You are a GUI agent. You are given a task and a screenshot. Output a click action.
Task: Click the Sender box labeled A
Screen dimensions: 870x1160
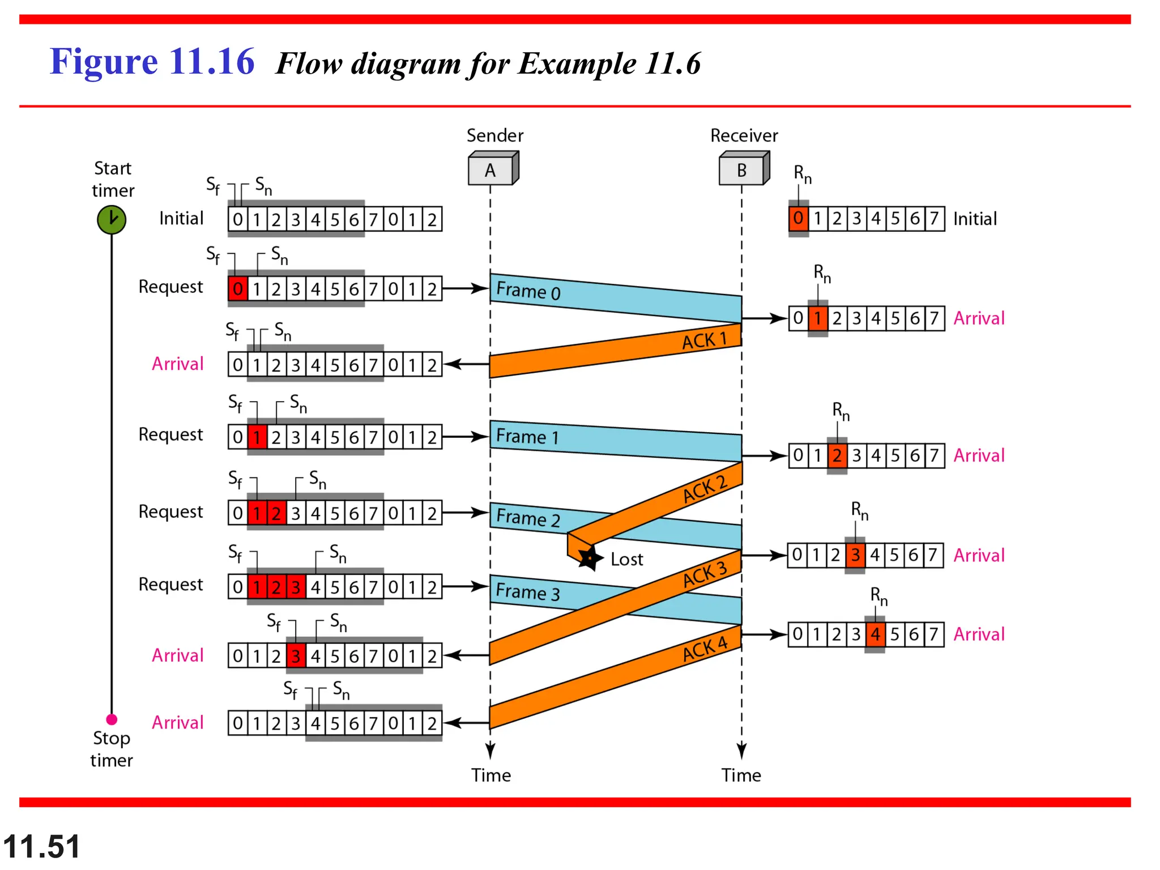491,170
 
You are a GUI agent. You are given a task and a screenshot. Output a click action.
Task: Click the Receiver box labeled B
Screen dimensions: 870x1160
741,170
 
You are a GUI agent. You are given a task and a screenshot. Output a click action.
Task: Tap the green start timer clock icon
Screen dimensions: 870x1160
112,220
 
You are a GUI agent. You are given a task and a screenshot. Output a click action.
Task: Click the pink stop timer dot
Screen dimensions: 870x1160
112,719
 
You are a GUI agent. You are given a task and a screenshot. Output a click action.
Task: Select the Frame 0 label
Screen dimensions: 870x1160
528,291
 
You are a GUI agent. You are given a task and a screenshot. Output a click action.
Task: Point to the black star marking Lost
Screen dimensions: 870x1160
588,558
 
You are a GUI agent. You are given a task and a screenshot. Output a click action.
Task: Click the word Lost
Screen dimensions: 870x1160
626,560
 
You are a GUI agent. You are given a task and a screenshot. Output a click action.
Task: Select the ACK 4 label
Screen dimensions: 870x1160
705,649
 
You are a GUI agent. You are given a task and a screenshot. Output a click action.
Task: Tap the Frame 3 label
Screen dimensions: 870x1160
527,592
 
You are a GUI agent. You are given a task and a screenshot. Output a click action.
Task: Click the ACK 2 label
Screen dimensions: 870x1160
705,489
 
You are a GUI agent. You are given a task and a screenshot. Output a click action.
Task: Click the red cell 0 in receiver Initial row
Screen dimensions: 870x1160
798,218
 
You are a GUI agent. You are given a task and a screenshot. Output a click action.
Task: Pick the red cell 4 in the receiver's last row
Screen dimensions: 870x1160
875,634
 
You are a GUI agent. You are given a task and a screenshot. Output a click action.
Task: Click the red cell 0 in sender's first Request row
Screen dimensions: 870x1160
238,289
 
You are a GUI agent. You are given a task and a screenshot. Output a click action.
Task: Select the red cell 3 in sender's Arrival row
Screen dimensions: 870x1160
296,656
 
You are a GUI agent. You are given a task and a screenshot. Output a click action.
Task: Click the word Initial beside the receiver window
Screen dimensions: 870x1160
975,219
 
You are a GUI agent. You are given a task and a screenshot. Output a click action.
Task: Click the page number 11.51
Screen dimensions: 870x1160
41,847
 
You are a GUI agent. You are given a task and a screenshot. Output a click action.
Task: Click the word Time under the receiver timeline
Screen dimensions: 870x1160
741,775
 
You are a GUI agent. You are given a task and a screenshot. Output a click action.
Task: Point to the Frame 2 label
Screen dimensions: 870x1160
528,518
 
